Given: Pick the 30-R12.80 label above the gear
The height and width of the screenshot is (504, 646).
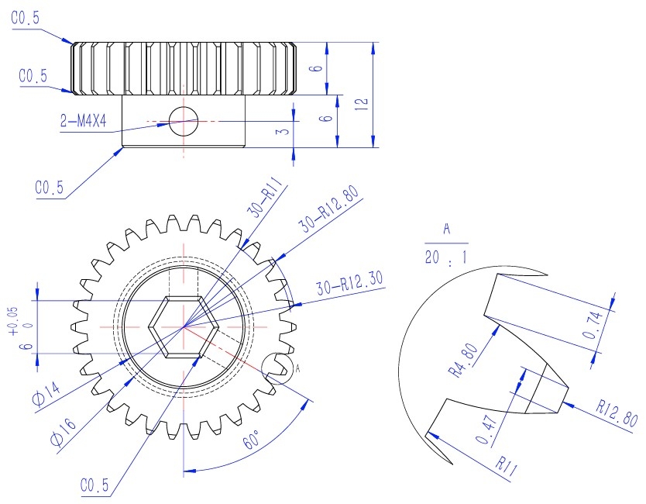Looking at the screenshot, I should (x=328, y=210).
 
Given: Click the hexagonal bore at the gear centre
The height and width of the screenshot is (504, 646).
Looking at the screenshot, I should (x=184, y=326).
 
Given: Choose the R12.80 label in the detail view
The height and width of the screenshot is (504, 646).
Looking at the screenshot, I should (x=617, y=413).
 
